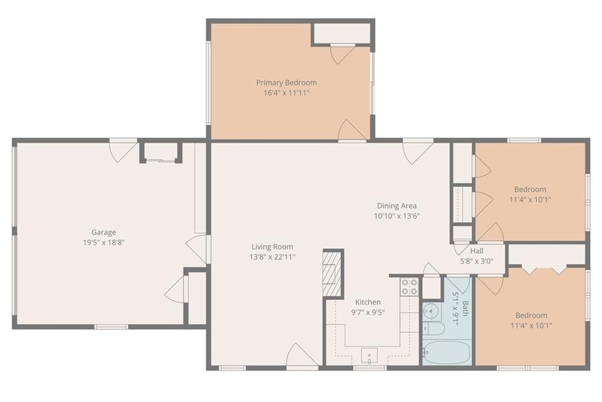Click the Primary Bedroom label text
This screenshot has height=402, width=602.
pyautogui.click(x=286, y=82)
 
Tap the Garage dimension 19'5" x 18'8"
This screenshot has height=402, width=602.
pyautogui.click(x=103, y=242)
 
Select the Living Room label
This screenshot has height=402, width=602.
pyautogui.click(x=272, y=247)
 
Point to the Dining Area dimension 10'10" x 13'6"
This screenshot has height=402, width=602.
pyautogui.click(x=397, y=216)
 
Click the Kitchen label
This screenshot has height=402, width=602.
pyautogui.click(x=368, y=302)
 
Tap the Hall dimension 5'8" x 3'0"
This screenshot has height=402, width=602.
pyautogui.click(x=477, y=261)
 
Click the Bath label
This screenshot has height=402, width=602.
pyautogui.click(x=466, y=308)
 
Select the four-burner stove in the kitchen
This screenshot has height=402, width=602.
pyautogui.click(x=409, y=287)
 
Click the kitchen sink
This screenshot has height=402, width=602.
pyautogui.click(x=369, y=356)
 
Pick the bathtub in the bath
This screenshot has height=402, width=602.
pyautogui.click(x=447, y=353)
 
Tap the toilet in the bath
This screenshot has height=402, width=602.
pyautogui.click(x=434, y=328)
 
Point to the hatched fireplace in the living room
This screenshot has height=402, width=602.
pyautogui.click(x=332, y=273)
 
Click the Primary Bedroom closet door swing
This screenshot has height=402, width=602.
pyautogui.click(x=343, y=54)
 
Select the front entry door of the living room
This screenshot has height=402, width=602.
pyautogui.click(x=303, y=356)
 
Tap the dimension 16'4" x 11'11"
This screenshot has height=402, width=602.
pyautogui.click(x=286, y=92)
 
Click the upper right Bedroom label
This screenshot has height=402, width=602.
pyautogui.click(x=530, y=189)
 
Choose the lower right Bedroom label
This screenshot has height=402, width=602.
pyautogui.click(x=531, y=315)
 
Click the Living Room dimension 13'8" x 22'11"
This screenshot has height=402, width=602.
pyautogui.click(x=272, y=257)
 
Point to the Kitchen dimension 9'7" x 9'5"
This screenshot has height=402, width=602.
pyautogui.click(x=368, y=312)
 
